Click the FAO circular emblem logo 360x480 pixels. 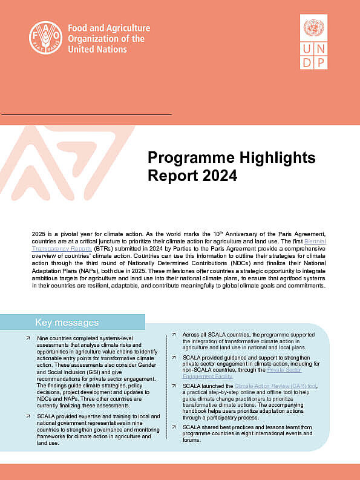[x=46, y=38]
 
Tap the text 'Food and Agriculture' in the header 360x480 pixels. [x=109, y=28]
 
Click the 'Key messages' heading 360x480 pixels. [x=67, y=322]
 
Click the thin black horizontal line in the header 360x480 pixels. [x=86, y=114]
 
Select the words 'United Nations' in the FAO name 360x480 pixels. [x=97, y=49]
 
